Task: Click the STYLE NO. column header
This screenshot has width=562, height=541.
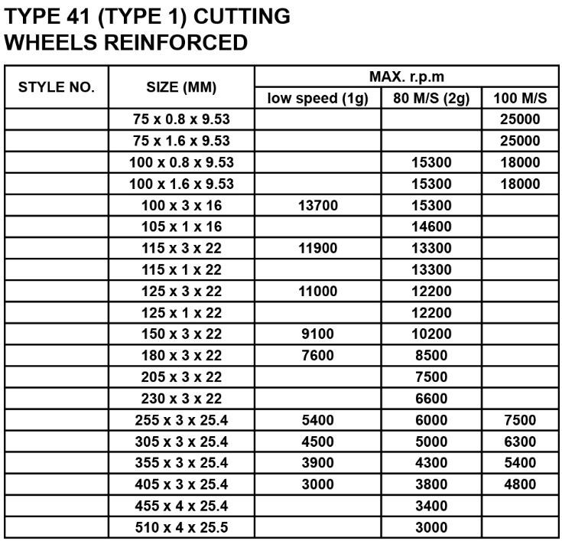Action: (x=57, y=87)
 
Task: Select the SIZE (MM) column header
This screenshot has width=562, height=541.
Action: (x=181, y=87)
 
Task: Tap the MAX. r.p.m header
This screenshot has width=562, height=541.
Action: (x=407, y=77)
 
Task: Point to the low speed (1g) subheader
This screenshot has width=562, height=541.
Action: (x=317, y=98)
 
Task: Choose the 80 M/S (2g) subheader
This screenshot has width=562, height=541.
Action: (x=431, y=98)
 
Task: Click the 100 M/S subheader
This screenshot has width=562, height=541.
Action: (x=521, y=98)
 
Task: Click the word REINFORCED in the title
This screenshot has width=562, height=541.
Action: (x=176, y=43)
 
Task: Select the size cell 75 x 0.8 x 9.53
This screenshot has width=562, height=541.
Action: (x=181, y=119)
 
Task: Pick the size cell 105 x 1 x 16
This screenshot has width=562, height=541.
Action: (x=181, y=227)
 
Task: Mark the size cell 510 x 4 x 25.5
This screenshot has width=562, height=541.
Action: (x=181, y=527)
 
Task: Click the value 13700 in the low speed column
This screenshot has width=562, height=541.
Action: (x=317, y=205)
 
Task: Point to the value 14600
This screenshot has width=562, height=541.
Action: (x=431, y=227)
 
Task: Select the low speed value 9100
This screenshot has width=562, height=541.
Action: (x=317, y=334)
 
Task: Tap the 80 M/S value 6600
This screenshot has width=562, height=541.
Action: (x=431, y=398)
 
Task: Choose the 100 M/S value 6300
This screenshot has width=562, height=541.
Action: (x=521, y=442)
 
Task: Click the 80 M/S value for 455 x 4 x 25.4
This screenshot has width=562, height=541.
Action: (x=431, y=506)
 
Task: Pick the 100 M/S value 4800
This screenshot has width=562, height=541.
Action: (x=521, y=484)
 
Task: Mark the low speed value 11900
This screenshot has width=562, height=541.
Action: (x=317, y=248)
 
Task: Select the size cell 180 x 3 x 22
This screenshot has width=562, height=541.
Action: (x=181, y=355)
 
